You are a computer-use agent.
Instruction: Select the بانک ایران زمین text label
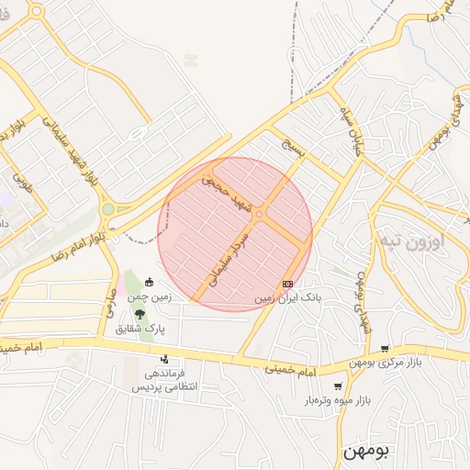[x=288, y=299]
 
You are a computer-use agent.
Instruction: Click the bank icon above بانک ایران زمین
[x=287, y=284]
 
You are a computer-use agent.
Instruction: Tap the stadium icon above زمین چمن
[x=150, y=282]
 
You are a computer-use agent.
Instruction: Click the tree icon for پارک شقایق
[x=140, y=314]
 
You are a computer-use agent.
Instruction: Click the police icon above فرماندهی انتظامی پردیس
[x=164, y=359]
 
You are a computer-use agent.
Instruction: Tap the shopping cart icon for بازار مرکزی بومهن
[x=384, y=348]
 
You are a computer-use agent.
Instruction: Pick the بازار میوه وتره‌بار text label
[x=338, y=402]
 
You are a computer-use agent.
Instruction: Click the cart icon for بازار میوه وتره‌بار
[x=339, y=386]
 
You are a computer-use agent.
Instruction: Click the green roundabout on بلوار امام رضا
[x=107, y=209]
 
